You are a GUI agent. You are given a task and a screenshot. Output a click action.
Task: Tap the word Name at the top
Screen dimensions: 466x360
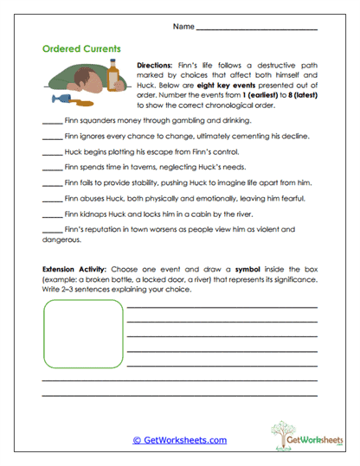click(x=183, y=28)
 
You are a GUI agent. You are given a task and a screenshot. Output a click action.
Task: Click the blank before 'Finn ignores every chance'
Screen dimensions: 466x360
click(x=51, y=137)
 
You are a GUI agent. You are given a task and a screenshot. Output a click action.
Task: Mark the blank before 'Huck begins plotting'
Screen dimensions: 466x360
click(x=51, y=153)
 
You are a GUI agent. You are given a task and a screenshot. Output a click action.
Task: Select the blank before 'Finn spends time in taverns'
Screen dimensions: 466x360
click(x=51, y=169)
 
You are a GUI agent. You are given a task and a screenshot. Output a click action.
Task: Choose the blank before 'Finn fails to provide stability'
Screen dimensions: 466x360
click(x=51, y=184)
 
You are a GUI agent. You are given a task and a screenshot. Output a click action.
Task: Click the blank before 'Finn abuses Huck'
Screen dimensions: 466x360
click(x=51, y=200)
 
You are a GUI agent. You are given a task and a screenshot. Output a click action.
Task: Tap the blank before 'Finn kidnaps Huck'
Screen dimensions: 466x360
click(x=51, y=214)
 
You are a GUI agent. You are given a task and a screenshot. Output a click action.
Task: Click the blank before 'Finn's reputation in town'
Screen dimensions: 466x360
click(x=51, y=230)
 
